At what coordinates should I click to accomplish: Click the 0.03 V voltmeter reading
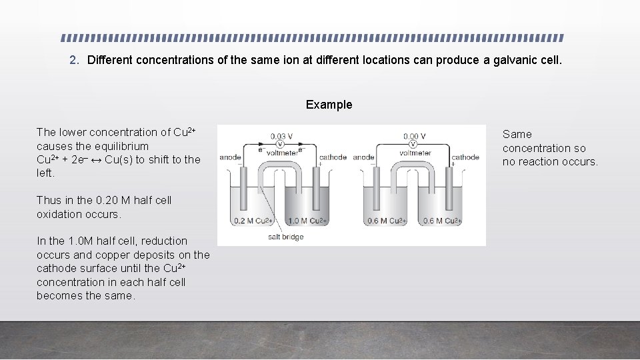[281, 136]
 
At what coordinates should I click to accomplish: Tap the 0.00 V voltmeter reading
[413, 136]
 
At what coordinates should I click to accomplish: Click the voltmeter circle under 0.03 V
[281, 144]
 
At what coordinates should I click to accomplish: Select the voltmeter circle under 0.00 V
[413, 144]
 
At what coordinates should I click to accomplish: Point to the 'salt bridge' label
[285, 237]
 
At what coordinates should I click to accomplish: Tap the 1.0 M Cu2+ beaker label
[306, 221]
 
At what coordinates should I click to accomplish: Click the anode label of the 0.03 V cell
[230, 157]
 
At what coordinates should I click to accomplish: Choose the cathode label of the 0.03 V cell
[333, 157]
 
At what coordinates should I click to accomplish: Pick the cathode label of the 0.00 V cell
[465, 157]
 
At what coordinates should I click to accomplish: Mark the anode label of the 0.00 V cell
[363, 157]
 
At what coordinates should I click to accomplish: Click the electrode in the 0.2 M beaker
[244, 190]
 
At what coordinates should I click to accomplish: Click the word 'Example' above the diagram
[329, 105]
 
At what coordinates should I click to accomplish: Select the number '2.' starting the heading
[75, 60]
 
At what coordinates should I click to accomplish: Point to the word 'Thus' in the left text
[49, 200]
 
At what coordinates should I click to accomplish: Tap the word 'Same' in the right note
[517, 134]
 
